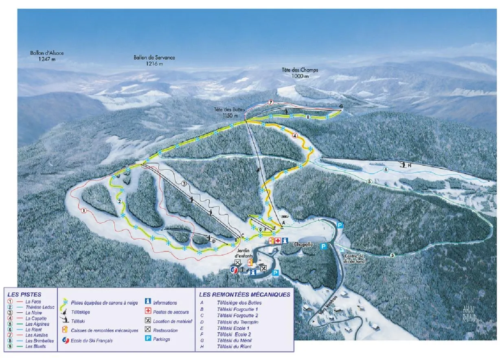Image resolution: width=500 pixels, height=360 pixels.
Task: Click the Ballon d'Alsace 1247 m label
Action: coord(47,56)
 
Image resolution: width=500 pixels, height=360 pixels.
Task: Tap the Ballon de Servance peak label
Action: coord(154,61)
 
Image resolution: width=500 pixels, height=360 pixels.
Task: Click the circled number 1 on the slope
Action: coord(83,211)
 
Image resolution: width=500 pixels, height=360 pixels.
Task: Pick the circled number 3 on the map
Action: coord(184,184)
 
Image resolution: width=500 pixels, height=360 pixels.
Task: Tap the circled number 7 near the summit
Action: coord(271,102)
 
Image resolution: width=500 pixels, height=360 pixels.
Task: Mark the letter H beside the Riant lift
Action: coord(410,165)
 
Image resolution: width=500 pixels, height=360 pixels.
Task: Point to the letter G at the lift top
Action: coord(341,107)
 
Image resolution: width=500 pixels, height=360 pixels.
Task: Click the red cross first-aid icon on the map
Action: coord(278,241)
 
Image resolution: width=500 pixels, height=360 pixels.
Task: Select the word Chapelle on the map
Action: coord(303,244)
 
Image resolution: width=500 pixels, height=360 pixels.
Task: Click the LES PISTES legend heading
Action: coord(25,294)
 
